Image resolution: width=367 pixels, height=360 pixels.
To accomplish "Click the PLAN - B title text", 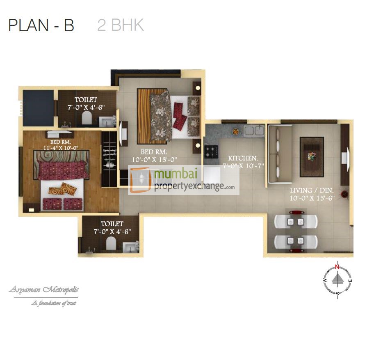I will [41, 25].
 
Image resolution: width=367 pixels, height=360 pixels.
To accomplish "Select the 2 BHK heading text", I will [121, 25].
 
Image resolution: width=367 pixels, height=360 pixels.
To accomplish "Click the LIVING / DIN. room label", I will [312, 190].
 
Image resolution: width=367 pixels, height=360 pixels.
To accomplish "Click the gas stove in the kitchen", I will [212, 151].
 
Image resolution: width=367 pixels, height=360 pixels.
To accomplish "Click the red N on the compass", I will [337, 267].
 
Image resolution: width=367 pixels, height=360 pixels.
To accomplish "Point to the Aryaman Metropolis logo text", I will [43, 290].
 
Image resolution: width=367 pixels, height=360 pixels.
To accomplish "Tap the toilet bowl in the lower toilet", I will [110, 245].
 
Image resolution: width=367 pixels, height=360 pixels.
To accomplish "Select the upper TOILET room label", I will [86, 100].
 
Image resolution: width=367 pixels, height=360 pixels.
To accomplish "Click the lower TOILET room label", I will [112, 224].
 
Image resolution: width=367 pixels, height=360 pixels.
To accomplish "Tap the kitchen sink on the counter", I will [254, 131].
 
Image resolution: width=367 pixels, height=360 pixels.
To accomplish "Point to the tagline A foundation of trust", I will [53, 303].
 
